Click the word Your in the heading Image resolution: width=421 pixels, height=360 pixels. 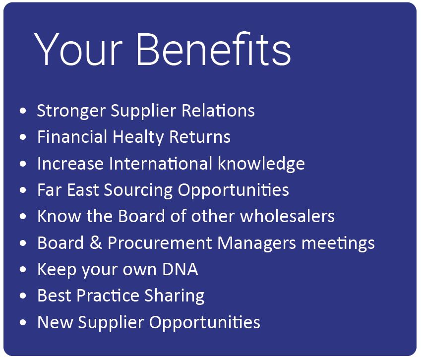[78, 49]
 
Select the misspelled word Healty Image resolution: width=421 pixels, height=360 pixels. [138, 137]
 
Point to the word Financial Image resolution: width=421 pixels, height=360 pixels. [72, 137]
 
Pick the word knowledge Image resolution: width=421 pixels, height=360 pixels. [261, 164]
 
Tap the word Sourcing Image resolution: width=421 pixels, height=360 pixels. [138, 190]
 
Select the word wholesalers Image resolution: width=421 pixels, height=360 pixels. [287, 216]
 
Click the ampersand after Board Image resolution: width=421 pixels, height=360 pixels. [96, 242]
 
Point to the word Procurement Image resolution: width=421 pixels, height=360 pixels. [160, 242]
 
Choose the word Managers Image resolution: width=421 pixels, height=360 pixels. [257, 243]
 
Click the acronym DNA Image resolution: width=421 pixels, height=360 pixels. [180, 269]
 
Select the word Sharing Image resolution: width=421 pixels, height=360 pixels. [175, 296]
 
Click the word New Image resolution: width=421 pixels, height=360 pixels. [55, 322]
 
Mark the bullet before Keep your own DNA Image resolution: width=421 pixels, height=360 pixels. [23, 269]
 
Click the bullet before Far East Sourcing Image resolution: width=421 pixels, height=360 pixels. [23, 190]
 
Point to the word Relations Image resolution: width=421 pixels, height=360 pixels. [218, 111]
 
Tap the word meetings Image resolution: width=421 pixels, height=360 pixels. [338, 243]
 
